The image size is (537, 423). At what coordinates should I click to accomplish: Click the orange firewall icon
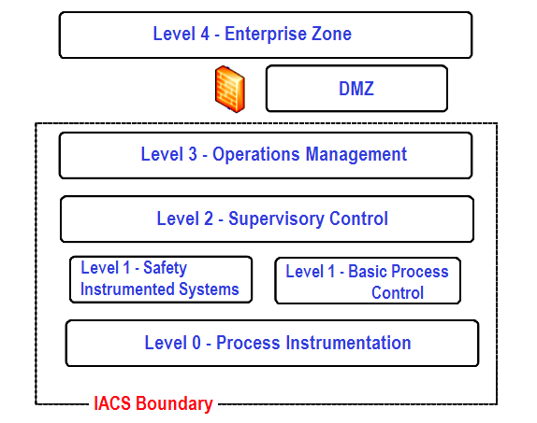pos(230,90)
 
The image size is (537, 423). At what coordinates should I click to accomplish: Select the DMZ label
pos(356,89)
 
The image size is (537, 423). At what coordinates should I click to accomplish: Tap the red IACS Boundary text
pos(153,403)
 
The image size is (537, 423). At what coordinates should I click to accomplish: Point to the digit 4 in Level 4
pos(205,34)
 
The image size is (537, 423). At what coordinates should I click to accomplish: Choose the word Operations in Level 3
pos(256,155)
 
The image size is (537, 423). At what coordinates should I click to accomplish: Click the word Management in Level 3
pos(356,155)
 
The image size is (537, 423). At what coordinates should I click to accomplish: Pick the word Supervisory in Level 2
pos(276,219)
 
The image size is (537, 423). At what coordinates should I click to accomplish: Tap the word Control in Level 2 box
pos(358,219)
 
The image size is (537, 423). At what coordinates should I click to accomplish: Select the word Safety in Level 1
pos(165,268)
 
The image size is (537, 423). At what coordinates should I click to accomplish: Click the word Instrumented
pos(127,289)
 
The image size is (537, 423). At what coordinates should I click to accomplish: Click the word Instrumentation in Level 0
pos(348,343)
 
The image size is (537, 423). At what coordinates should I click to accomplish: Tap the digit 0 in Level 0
pos(196,343)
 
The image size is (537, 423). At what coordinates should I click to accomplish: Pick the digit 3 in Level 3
pos(193,154)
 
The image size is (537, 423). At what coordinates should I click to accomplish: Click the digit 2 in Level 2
pos(209,219)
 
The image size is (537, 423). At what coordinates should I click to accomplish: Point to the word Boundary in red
pos(174,403)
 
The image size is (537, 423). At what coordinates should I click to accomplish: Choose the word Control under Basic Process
pos(398,293)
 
